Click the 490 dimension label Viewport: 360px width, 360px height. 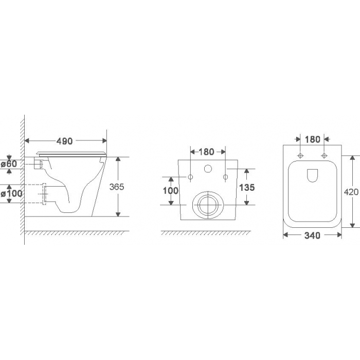(64, 141)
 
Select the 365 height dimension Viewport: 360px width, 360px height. (117, 187)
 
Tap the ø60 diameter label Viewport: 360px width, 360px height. (9, 164)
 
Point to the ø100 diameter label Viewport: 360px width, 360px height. (11, 193)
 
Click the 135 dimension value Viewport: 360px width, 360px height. (247, 187)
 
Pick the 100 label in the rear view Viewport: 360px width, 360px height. (171, 190)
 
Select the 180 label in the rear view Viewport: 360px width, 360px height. (206, 152)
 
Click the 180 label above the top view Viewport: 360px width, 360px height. (313, 139)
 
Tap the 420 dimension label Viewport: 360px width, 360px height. (351, 192)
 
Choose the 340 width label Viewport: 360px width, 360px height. (312, 236)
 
